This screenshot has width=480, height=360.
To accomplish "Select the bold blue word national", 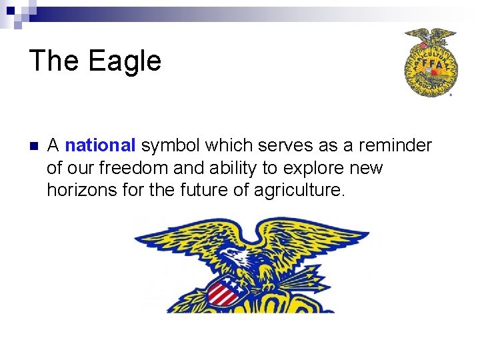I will [x=100, y=145].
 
